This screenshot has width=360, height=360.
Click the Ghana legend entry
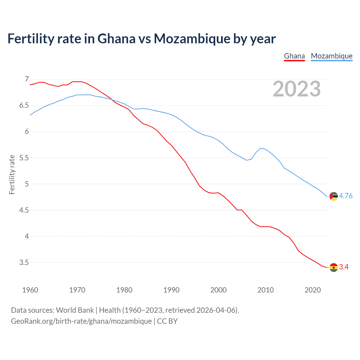[x=294, y=56]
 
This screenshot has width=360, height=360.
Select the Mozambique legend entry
[x=332, y=56]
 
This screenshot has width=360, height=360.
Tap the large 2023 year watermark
[x=296, y=89]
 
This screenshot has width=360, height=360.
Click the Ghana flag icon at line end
[x=334, y=267]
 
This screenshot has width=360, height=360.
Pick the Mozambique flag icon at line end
[x=334, y=196]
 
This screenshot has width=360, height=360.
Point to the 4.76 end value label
[x=346, y=196]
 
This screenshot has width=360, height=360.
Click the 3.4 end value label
[x=344, y=267]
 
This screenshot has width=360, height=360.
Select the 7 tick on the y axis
[x=27, y=79]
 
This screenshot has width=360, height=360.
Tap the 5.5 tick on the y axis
[x=24, y=158]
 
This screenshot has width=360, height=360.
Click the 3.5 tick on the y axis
[x=24, y=262]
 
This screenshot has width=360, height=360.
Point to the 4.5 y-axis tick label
[x=24, y=210]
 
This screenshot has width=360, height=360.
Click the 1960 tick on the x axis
[x=30, y=290]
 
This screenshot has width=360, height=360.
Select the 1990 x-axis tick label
[x=171, y=290]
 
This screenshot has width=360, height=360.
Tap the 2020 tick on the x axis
[x=312, y=290]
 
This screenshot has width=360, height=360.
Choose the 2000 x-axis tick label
[x=218, y=290]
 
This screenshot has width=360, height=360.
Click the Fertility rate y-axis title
[x=12, y=174]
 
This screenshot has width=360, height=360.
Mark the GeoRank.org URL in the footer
[x=81, y=321]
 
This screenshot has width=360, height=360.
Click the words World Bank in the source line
[x=75, y=310]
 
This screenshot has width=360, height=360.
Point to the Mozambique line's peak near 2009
[x=261, y=148]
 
